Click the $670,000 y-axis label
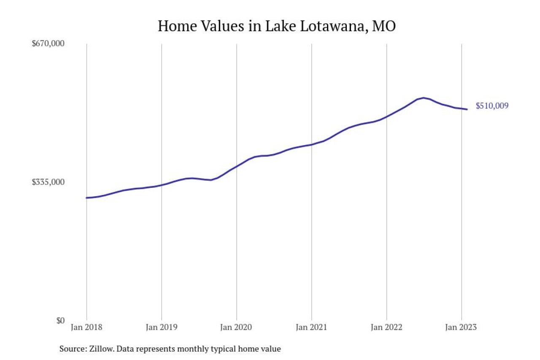click(x=49, y=43)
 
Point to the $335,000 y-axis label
click(x=49, y=182)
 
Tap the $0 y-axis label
click(x=60, y=320)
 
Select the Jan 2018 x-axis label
click(x=86, y=328)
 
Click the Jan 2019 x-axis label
click(x=162, y=328)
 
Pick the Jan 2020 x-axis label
click(x=237, y=328)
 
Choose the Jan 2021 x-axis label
click(x=311, y=328)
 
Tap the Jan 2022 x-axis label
click(x=386, y=328)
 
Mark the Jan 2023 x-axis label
click(x=462, y=328)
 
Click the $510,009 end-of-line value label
click(x=492, y=106)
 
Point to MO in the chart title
click(x=383, y=26)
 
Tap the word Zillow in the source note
click(x=101, y=349)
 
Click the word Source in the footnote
click(x=73, y=349)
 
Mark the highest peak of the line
click(x=423, y=98)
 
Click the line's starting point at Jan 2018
click(x=86, y=198)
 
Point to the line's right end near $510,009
click(x=467, y=109)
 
